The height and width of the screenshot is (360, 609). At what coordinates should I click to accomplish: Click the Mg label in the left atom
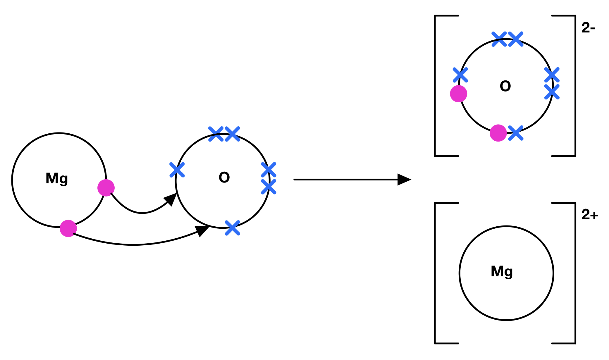click(x=57, y=178)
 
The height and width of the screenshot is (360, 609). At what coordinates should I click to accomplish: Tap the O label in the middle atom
click(x=224, y=178)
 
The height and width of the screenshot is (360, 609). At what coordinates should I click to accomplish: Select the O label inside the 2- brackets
click(x=505, y=86)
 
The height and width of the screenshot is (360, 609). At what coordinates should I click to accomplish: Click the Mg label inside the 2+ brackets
click(x=502, y=271)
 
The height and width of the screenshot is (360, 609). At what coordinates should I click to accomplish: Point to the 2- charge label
click(x=588, y=28)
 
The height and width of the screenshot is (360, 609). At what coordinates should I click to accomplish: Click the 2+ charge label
click(x=589, y=215)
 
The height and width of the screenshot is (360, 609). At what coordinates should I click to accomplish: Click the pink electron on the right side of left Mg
click(x=106, y=188)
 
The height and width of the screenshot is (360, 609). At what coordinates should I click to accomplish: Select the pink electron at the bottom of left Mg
click(x=68, y=228)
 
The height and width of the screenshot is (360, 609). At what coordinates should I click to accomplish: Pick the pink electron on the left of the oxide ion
click(x=458, y=94)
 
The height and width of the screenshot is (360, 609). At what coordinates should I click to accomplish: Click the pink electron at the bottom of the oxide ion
click(x=498, y=133)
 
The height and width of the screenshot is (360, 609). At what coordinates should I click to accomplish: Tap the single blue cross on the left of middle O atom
click(x=177, y=170)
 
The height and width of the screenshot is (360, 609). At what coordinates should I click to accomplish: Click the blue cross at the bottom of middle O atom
click(x=233, y=228)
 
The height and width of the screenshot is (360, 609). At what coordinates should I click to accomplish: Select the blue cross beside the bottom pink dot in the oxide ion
click(x=516, y=133)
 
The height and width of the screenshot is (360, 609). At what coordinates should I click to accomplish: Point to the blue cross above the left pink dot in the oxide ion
click(x=460, y=75)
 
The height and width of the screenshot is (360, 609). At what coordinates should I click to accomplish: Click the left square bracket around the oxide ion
click(x=436, y=86)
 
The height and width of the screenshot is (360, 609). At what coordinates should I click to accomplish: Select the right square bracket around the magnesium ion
click(x=575, y=273)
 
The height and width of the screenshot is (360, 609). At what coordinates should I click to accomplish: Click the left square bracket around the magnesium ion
click(x=436, y=273)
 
